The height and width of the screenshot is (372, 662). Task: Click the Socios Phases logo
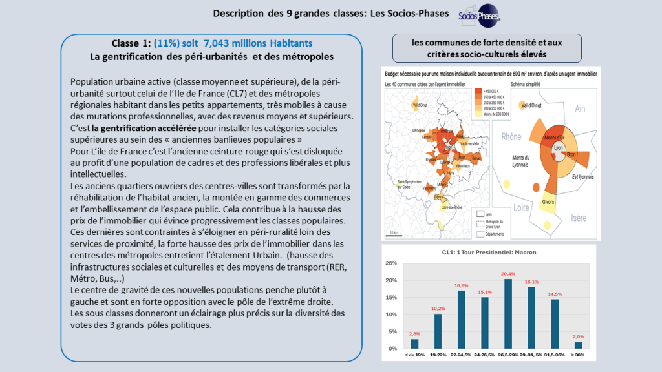tap(479, 16)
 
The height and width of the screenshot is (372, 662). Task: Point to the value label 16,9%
tap(461, 285)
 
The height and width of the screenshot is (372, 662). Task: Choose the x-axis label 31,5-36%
tap(554, 355)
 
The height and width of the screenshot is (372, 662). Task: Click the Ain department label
tap(579, 108)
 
